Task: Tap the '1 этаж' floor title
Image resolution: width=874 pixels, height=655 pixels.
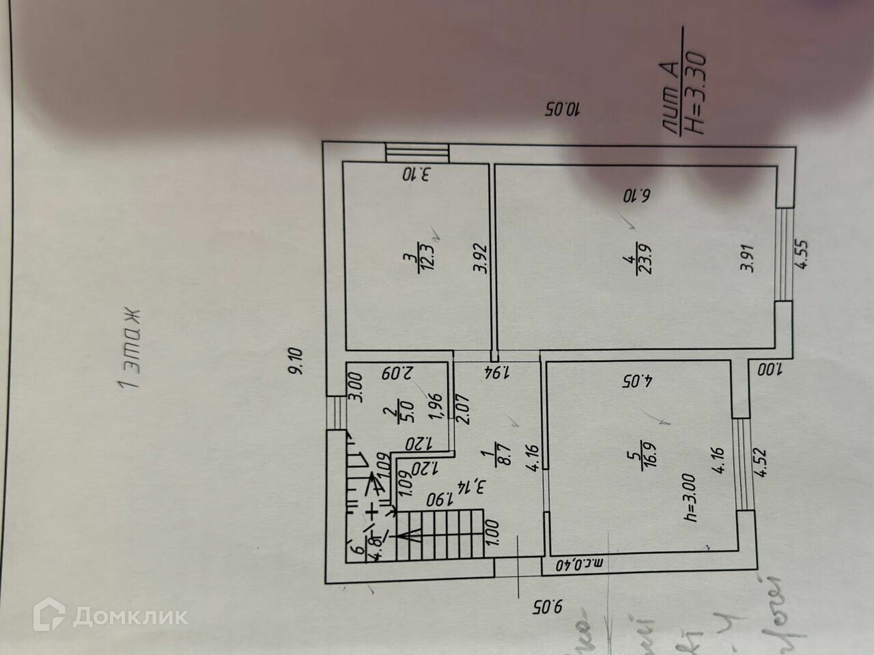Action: (129, 348)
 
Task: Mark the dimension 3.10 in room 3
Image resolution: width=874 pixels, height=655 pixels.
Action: (417, 174)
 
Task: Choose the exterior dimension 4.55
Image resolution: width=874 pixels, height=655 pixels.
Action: (802, 254)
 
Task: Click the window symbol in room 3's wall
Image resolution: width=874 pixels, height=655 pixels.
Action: (417, 152)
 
